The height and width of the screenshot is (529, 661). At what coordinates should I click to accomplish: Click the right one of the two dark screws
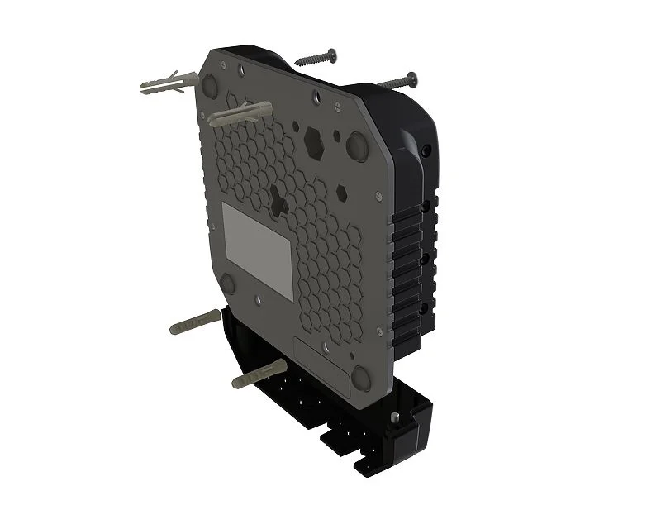[x=396, y=81]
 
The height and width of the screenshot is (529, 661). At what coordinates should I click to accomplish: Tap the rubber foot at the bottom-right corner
[x=364, y=379]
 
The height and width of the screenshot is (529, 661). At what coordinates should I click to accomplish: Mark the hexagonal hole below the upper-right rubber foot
[x=341, y=195]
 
